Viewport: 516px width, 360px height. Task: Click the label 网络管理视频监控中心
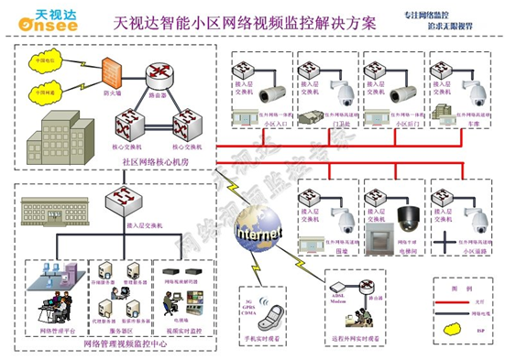119,344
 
